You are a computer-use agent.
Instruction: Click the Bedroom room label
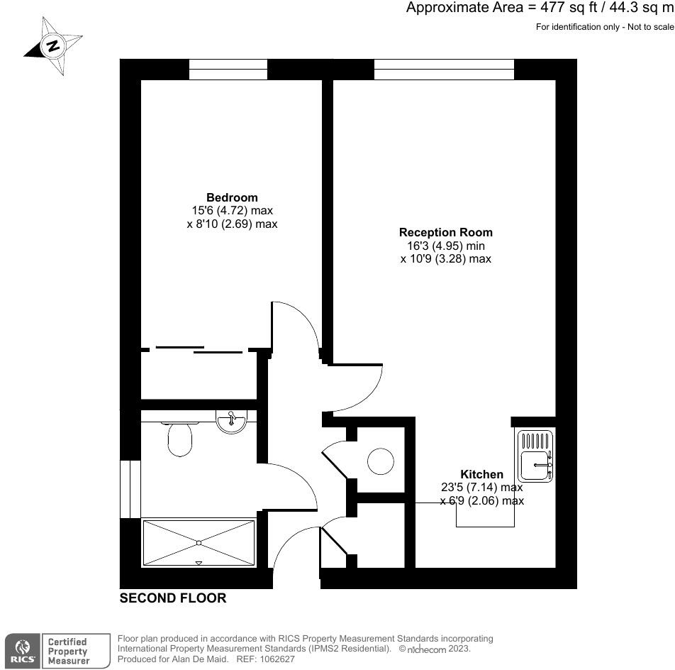point(232,197)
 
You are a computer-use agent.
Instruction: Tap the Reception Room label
point(445,232)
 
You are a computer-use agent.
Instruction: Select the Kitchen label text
point(481,474)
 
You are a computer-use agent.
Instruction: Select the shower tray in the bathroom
point(199,543)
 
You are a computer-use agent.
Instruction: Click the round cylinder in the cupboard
point(380,462)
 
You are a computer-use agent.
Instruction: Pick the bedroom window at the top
point(228,70)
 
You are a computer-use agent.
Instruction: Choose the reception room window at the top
point(443,70)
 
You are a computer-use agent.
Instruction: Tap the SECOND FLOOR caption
point(173,598)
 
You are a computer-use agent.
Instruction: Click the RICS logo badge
point(23,650)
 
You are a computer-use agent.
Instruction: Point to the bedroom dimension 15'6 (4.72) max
point(232,211)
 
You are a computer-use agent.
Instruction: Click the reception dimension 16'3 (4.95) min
point(445,246)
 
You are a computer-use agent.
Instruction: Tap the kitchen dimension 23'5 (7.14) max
point(481,488)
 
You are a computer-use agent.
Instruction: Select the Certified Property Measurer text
point(68,651)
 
